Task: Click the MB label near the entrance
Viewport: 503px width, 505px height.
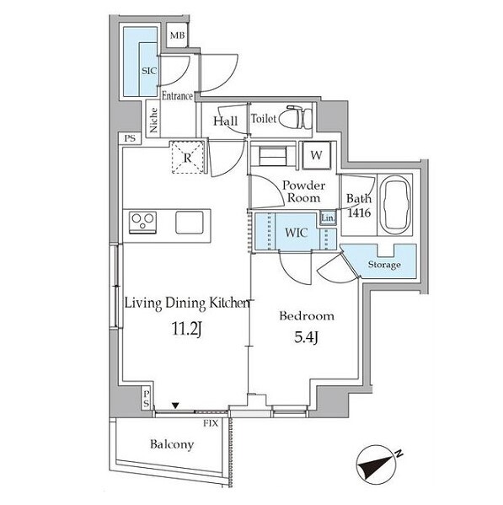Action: pyautogui.click(x=178, y=35)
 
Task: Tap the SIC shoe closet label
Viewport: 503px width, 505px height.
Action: pyautogui.click(x=149, y=71)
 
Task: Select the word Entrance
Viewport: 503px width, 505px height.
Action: pyautogui.click(x=177, y=95)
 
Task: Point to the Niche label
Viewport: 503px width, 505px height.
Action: pyautogui.click(x=153, y=120)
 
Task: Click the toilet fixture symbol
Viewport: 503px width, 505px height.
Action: pyautogui.click(x=296, y=117)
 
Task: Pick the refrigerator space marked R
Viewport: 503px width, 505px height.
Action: pyautogui.click(x=188, y=158)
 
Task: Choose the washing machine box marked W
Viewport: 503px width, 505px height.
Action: pyautogui.click(x=317, y=155)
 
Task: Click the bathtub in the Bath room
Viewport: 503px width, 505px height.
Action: pyautogui.click(x=395, y=204)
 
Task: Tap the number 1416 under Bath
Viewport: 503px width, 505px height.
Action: pyautogui.click(x=359, y=212)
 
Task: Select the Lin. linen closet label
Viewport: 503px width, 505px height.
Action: pyautogui.click(x=328, y=218)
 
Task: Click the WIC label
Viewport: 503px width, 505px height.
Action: pyautogui.click(x=296, y=232)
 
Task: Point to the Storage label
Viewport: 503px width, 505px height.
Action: pyautogui.click(x=384, y=265)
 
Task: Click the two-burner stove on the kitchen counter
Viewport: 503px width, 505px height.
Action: pyautogui.click(x=143, y=223)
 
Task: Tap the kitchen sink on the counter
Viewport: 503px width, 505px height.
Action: pyautogui.click(x=190, y=223)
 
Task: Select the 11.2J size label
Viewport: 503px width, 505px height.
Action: pyautogui.click(x=187, y=329)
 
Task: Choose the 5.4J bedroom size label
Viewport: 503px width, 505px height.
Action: pyautogui.click(x=307, y=337)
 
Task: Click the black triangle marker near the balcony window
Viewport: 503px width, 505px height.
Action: pyautogui.click(x=175, y=406)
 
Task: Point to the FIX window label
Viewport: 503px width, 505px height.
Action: pyautogui.click(x=211, y=423)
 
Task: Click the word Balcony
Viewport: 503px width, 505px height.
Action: pyautogui.click(x=172, y=445)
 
